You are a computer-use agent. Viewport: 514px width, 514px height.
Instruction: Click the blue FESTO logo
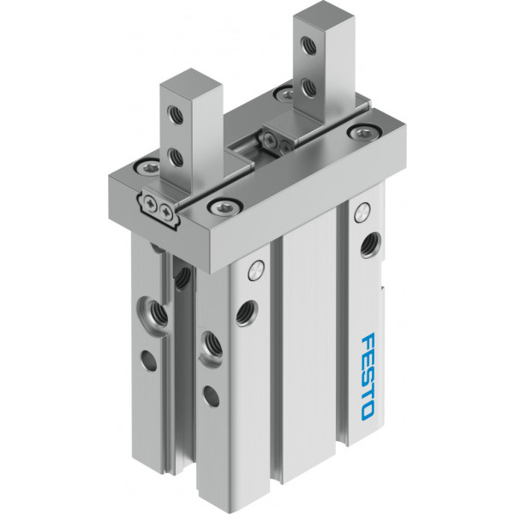(x=368, y=377)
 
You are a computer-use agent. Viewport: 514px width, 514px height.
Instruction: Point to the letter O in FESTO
(x=368, y=412)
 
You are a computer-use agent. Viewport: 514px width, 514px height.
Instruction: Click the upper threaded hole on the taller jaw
(x=308, y=45)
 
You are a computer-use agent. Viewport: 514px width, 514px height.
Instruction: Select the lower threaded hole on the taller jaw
(x=308, y=87)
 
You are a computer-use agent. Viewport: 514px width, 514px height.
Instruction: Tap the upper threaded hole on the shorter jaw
(x=176, y=115)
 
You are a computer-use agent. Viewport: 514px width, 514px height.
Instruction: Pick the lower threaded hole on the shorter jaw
(x=176, y=157)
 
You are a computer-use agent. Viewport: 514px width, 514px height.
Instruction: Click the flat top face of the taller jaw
(x=324, y=16)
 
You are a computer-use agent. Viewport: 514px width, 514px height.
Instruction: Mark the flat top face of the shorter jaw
(x=191, y=84)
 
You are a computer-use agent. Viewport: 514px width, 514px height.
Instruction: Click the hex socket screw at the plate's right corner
(x=365, y=132)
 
